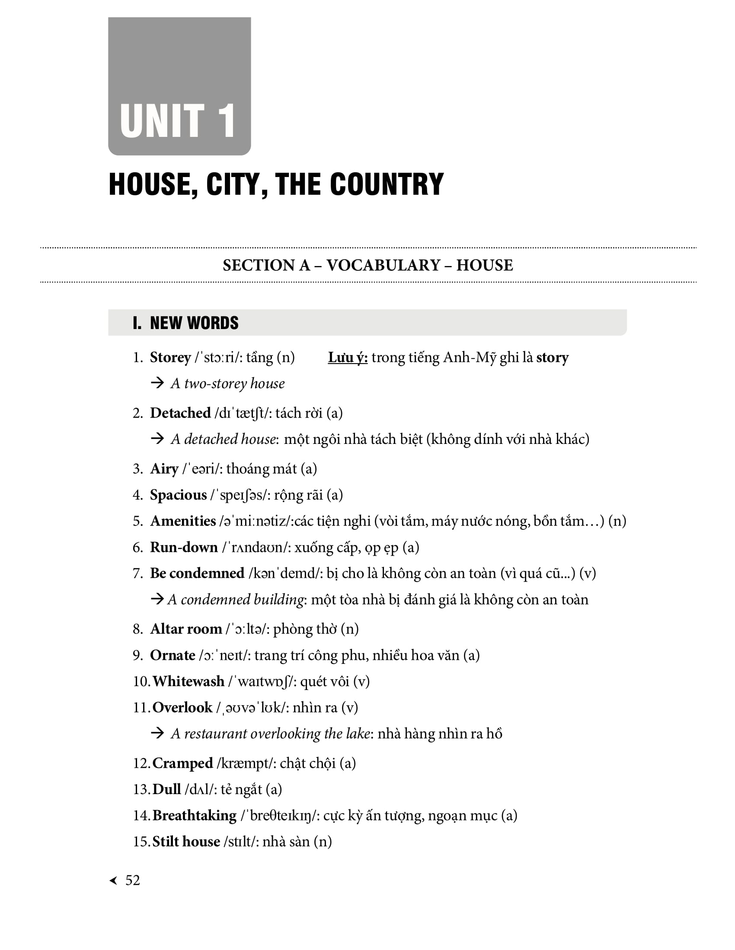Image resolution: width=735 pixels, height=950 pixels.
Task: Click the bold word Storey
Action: click(170, 358)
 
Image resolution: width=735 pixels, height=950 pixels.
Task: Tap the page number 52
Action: click(132, 880)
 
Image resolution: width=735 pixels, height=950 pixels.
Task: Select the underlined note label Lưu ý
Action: click(348, 358)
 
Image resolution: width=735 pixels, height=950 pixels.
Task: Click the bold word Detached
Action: click(180, 413)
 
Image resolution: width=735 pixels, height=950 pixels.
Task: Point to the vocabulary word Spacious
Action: click(178, 495)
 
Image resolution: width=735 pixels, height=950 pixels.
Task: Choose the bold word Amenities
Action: click(183, 521)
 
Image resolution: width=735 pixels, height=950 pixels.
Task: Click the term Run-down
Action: click(184, 547)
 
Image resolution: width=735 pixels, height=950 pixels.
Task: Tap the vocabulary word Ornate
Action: click(173, 655)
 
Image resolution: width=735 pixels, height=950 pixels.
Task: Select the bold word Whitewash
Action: click(188, 681)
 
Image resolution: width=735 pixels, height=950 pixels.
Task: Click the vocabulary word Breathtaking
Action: click(194, 815)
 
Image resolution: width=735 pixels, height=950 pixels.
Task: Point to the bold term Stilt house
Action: click(186, 841)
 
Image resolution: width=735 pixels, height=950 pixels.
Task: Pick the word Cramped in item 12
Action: click(182, 763)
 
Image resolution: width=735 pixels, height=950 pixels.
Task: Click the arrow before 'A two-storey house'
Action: click(157, 383)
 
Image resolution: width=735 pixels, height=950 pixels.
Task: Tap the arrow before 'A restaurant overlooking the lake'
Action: click(157, 733)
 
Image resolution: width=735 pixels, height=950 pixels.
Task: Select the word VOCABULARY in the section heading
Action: click(383, 265)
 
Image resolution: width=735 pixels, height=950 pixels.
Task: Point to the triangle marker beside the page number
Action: click(114, 881)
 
